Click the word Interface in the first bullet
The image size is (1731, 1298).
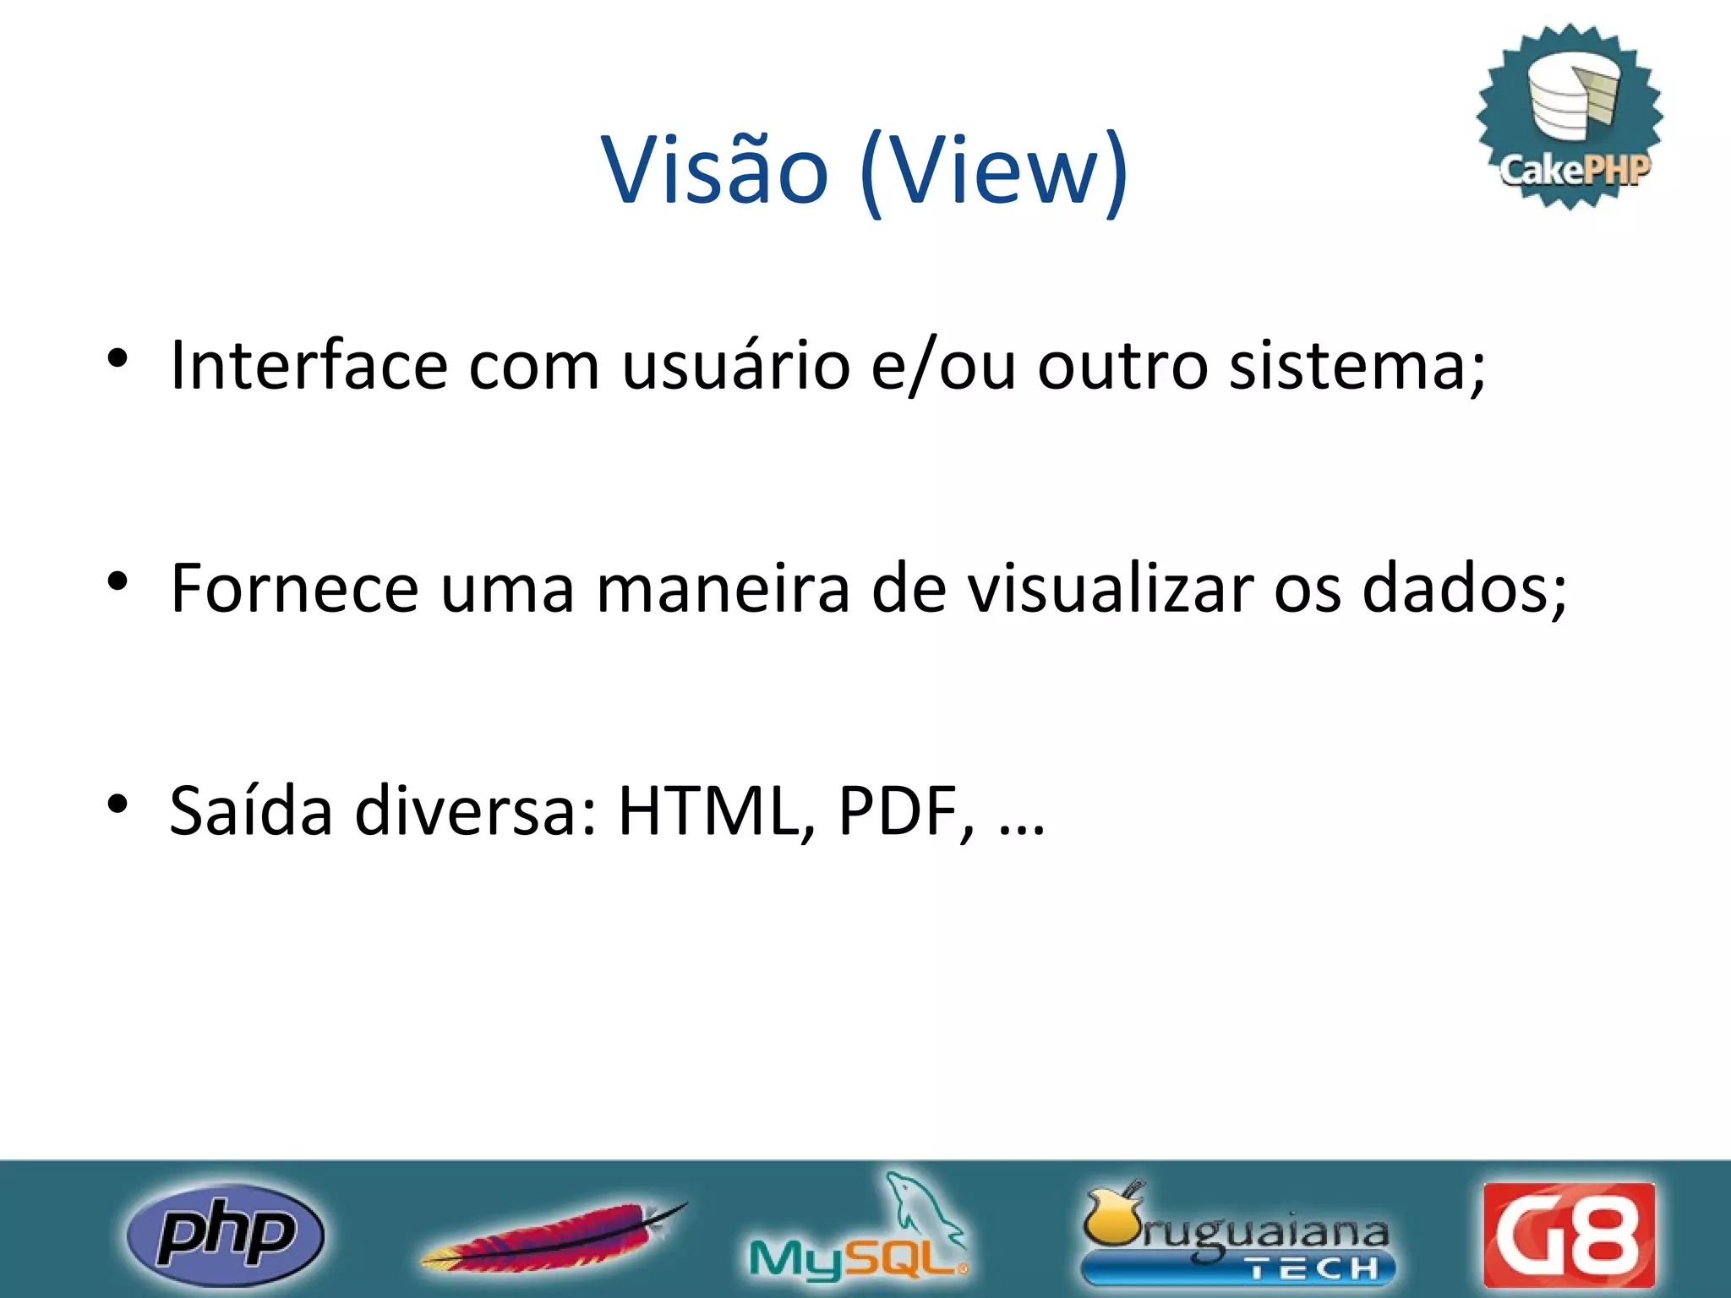pyautogui.click(x=309, y=365)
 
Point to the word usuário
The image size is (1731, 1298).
pyautogui.click(x=735, y=365)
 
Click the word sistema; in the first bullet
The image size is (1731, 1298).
pyautogui.click(x=1357, y=367)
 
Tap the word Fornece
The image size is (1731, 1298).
pyautogui.click(x=294, y=588)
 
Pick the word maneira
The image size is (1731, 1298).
pyautogui.click(x=723, y=588)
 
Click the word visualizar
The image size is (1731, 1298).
pyautogui.click(x=1111, y=588)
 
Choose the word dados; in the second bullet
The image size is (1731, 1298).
pyautogui.click(x=1464, y=588)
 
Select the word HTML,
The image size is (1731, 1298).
pyautogui.click(x=718, y=811)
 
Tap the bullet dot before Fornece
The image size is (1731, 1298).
pyautogui.click(x=117, y=581)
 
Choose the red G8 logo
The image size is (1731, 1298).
pyautogui.click(x=1569, y=1235)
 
